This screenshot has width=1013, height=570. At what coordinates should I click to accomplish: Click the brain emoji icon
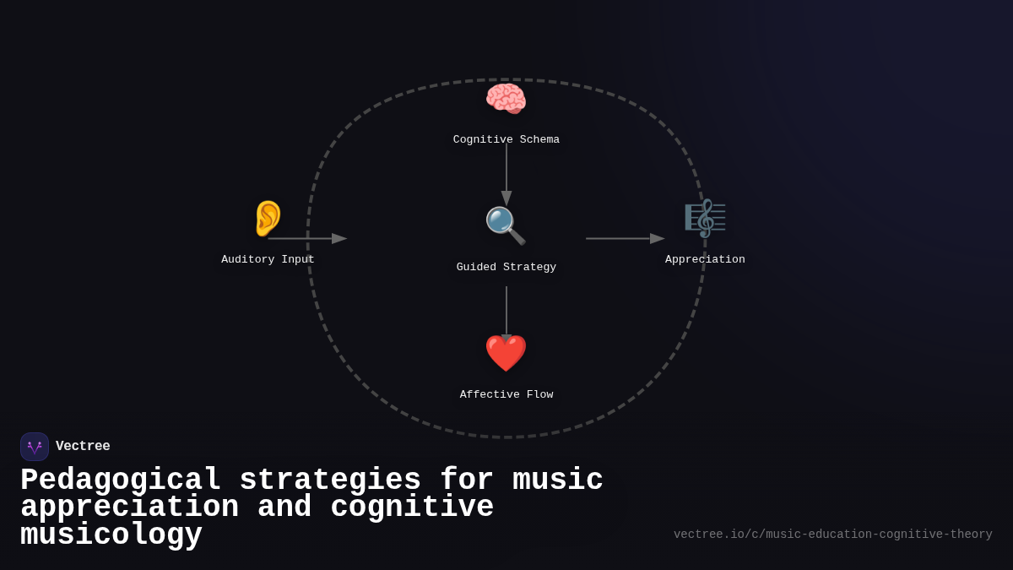pos(506,99)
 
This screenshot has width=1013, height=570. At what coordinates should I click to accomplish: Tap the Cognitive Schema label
pos(506,139)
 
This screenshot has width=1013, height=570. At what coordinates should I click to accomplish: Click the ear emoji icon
pos(268,218)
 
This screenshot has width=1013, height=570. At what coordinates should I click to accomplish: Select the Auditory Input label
pos(268,259)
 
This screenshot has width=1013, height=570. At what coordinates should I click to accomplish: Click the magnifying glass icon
pos(505,225)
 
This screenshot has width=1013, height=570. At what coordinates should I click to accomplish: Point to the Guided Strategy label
pos(506,267)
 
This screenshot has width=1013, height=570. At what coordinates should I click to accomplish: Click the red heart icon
pos(506,353)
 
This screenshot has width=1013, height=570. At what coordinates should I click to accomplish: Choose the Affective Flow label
pos(506,394)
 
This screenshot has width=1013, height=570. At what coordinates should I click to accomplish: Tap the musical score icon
pos(705,218)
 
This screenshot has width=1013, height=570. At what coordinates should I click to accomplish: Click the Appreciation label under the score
pos(705,259)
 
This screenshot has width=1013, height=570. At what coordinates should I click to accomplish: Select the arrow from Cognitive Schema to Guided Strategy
pos(506,174)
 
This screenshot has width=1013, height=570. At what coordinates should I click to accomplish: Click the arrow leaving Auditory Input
pos(307,238)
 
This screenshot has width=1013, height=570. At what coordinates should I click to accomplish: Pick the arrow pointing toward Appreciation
pos(625,238)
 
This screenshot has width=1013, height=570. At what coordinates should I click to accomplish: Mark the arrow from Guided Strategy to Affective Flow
pos(506,312)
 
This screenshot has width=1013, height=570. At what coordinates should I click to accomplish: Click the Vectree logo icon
pos(35,447)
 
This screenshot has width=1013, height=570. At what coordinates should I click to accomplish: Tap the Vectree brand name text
pos(83,446)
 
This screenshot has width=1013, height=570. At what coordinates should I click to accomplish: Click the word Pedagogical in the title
pos(121,480)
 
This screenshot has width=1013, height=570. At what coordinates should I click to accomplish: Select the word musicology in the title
pos(111,535)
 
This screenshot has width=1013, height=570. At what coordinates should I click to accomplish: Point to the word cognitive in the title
pos(412,508)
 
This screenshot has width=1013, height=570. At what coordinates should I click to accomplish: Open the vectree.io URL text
pos(832,535)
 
